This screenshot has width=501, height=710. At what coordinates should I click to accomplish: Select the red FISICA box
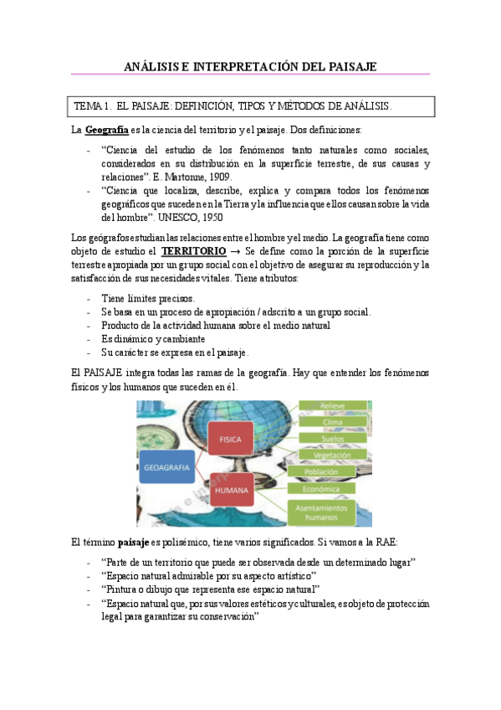[230, 439]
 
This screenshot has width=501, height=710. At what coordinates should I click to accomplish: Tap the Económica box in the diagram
[330, 488]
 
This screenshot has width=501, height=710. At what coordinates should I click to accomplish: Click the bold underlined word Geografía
[107, 131]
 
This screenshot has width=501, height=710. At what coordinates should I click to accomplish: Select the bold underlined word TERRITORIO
[193, 251]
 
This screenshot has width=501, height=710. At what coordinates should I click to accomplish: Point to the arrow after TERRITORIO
[236, 251]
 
